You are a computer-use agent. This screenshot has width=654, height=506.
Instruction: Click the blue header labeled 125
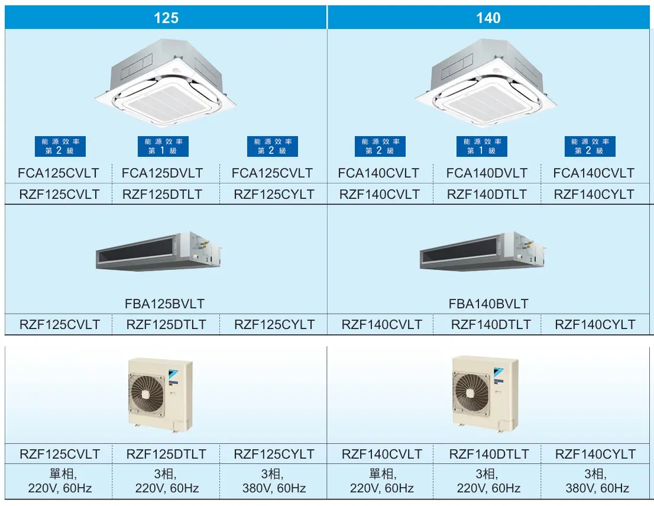tap(166, 18)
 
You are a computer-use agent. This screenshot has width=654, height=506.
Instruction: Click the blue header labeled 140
tap(488, 18)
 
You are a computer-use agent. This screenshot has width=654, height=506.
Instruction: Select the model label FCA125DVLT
tap(162, 173)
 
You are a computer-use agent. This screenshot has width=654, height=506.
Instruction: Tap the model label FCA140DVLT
tap(487, 173)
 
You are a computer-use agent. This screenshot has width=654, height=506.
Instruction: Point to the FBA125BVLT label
tap(165, 304)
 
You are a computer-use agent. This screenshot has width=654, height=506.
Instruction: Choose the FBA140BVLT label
tap(488, 304)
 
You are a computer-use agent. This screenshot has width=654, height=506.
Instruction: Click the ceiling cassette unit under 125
tap(166, 83)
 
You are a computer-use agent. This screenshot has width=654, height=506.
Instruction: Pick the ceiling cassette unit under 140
tap(486, 83)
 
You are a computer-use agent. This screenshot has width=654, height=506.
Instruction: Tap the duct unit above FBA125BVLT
tap(158, 252)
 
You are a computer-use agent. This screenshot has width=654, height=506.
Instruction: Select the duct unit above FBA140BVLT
tap(483, 252)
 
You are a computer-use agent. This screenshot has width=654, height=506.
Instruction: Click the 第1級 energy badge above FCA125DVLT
tap(163, 147)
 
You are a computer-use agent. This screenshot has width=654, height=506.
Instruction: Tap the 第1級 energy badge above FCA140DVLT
tap(482, 147)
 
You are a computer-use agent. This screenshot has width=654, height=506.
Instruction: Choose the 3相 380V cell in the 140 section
tap(597, 481)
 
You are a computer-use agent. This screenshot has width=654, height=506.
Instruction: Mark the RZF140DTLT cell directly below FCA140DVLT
tap(487, 194)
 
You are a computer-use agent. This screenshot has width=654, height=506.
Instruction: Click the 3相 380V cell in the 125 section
tap(274, 481)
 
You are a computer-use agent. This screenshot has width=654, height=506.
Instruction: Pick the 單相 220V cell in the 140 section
tap(381, 481)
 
